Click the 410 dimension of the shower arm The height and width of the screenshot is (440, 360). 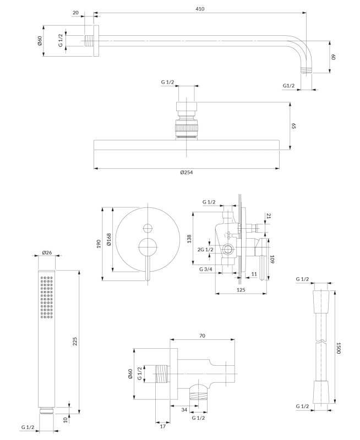[x=199, y=9]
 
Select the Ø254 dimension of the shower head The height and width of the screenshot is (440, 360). [x=187, y=172]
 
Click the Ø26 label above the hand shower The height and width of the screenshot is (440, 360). [x=47, y=253]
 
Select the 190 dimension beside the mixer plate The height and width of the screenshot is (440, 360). [x=98, y=243]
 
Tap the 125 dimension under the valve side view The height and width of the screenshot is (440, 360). [x=241, y=289]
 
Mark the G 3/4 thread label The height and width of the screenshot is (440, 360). [x=206, y=269]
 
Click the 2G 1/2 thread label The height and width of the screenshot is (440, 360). [x=205, y=250]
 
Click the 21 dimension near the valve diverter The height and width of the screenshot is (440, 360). [x=269, y=216]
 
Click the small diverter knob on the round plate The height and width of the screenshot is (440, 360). [x=147, y=228]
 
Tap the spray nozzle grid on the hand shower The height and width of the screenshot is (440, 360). [x=47, y=297]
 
